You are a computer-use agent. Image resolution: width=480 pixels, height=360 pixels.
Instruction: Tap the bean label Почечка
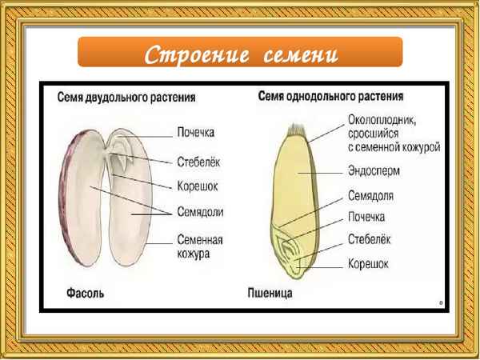199,132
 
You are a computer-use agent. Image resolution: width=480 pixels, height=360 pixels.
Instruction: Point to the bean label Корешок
198,186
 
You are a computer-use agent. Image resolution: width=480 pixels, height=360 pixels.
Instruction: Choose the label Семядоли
200,212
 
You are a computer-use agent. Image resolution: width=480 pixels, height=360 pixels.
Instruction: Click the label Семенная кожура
200,246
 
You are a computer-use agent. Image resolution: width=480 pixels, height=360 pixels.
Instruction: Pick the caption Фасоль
80,294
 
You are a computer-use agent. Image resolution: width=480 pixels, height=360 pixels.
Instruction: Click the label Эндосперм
374,170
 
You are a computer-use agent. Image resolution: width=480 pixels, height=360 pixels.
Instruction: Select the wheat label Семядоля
370,195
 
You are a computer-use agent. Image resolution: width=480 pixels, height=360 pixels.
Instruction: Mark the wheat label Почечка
366,217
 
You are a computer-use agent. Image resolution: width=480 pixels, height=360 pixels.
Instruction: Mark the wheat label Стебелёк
370,239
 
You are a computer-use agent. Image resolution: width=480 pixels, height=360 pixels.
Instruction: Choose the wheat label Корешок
368,262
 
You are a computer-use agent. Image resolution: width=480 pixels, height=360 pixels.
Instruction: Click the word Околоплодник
386,119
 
